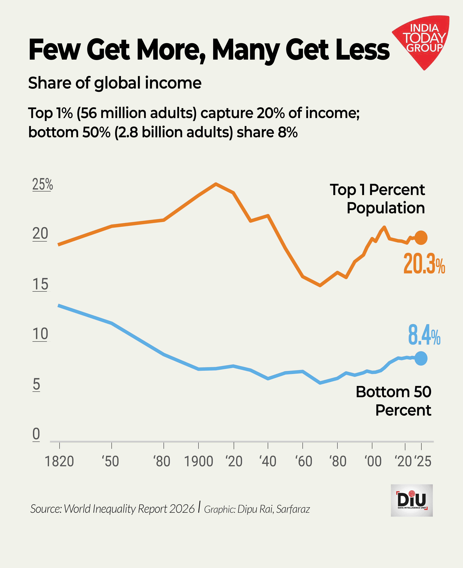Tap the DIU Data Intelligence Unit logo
[412, 500]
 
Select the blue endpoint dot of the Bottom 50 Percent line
[421, 358]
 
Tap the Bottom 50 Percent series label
[393, 401]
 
